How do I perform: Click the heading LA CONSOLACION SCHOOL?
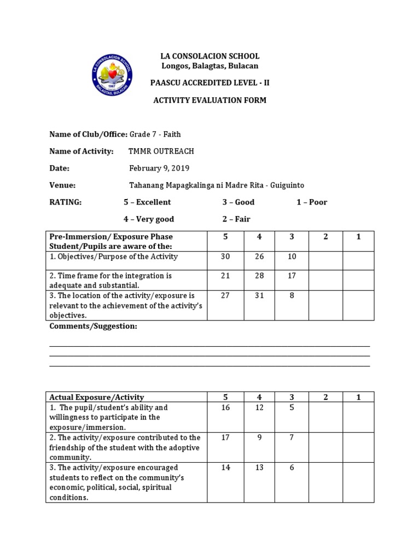209,56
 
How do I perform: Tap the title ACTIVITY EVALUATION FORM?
209,101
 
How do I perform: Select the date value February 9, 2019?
159,168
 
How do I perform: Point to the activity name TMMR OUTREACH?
161,151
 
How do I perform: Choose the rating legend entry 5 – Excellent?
147,202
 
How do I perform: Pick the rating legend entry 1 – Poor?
312,202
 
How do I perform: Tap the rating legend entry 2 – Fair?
236,219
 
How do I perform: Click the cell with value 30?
225,257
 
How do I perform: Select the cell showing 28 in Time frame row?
259,276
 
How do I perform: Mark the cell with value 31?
259,296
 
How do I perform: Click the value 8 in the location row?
292,296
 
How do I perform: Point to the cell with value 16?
225,408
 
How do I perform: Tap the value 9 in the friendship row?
259,438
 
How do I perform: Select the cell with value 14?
225,468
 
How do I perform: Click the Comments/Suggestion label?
93,326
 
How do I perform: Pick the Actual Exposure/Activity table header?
97,397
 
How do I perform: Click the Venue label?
62,185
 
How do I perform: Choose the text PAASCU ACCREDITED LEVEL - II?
209,83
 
